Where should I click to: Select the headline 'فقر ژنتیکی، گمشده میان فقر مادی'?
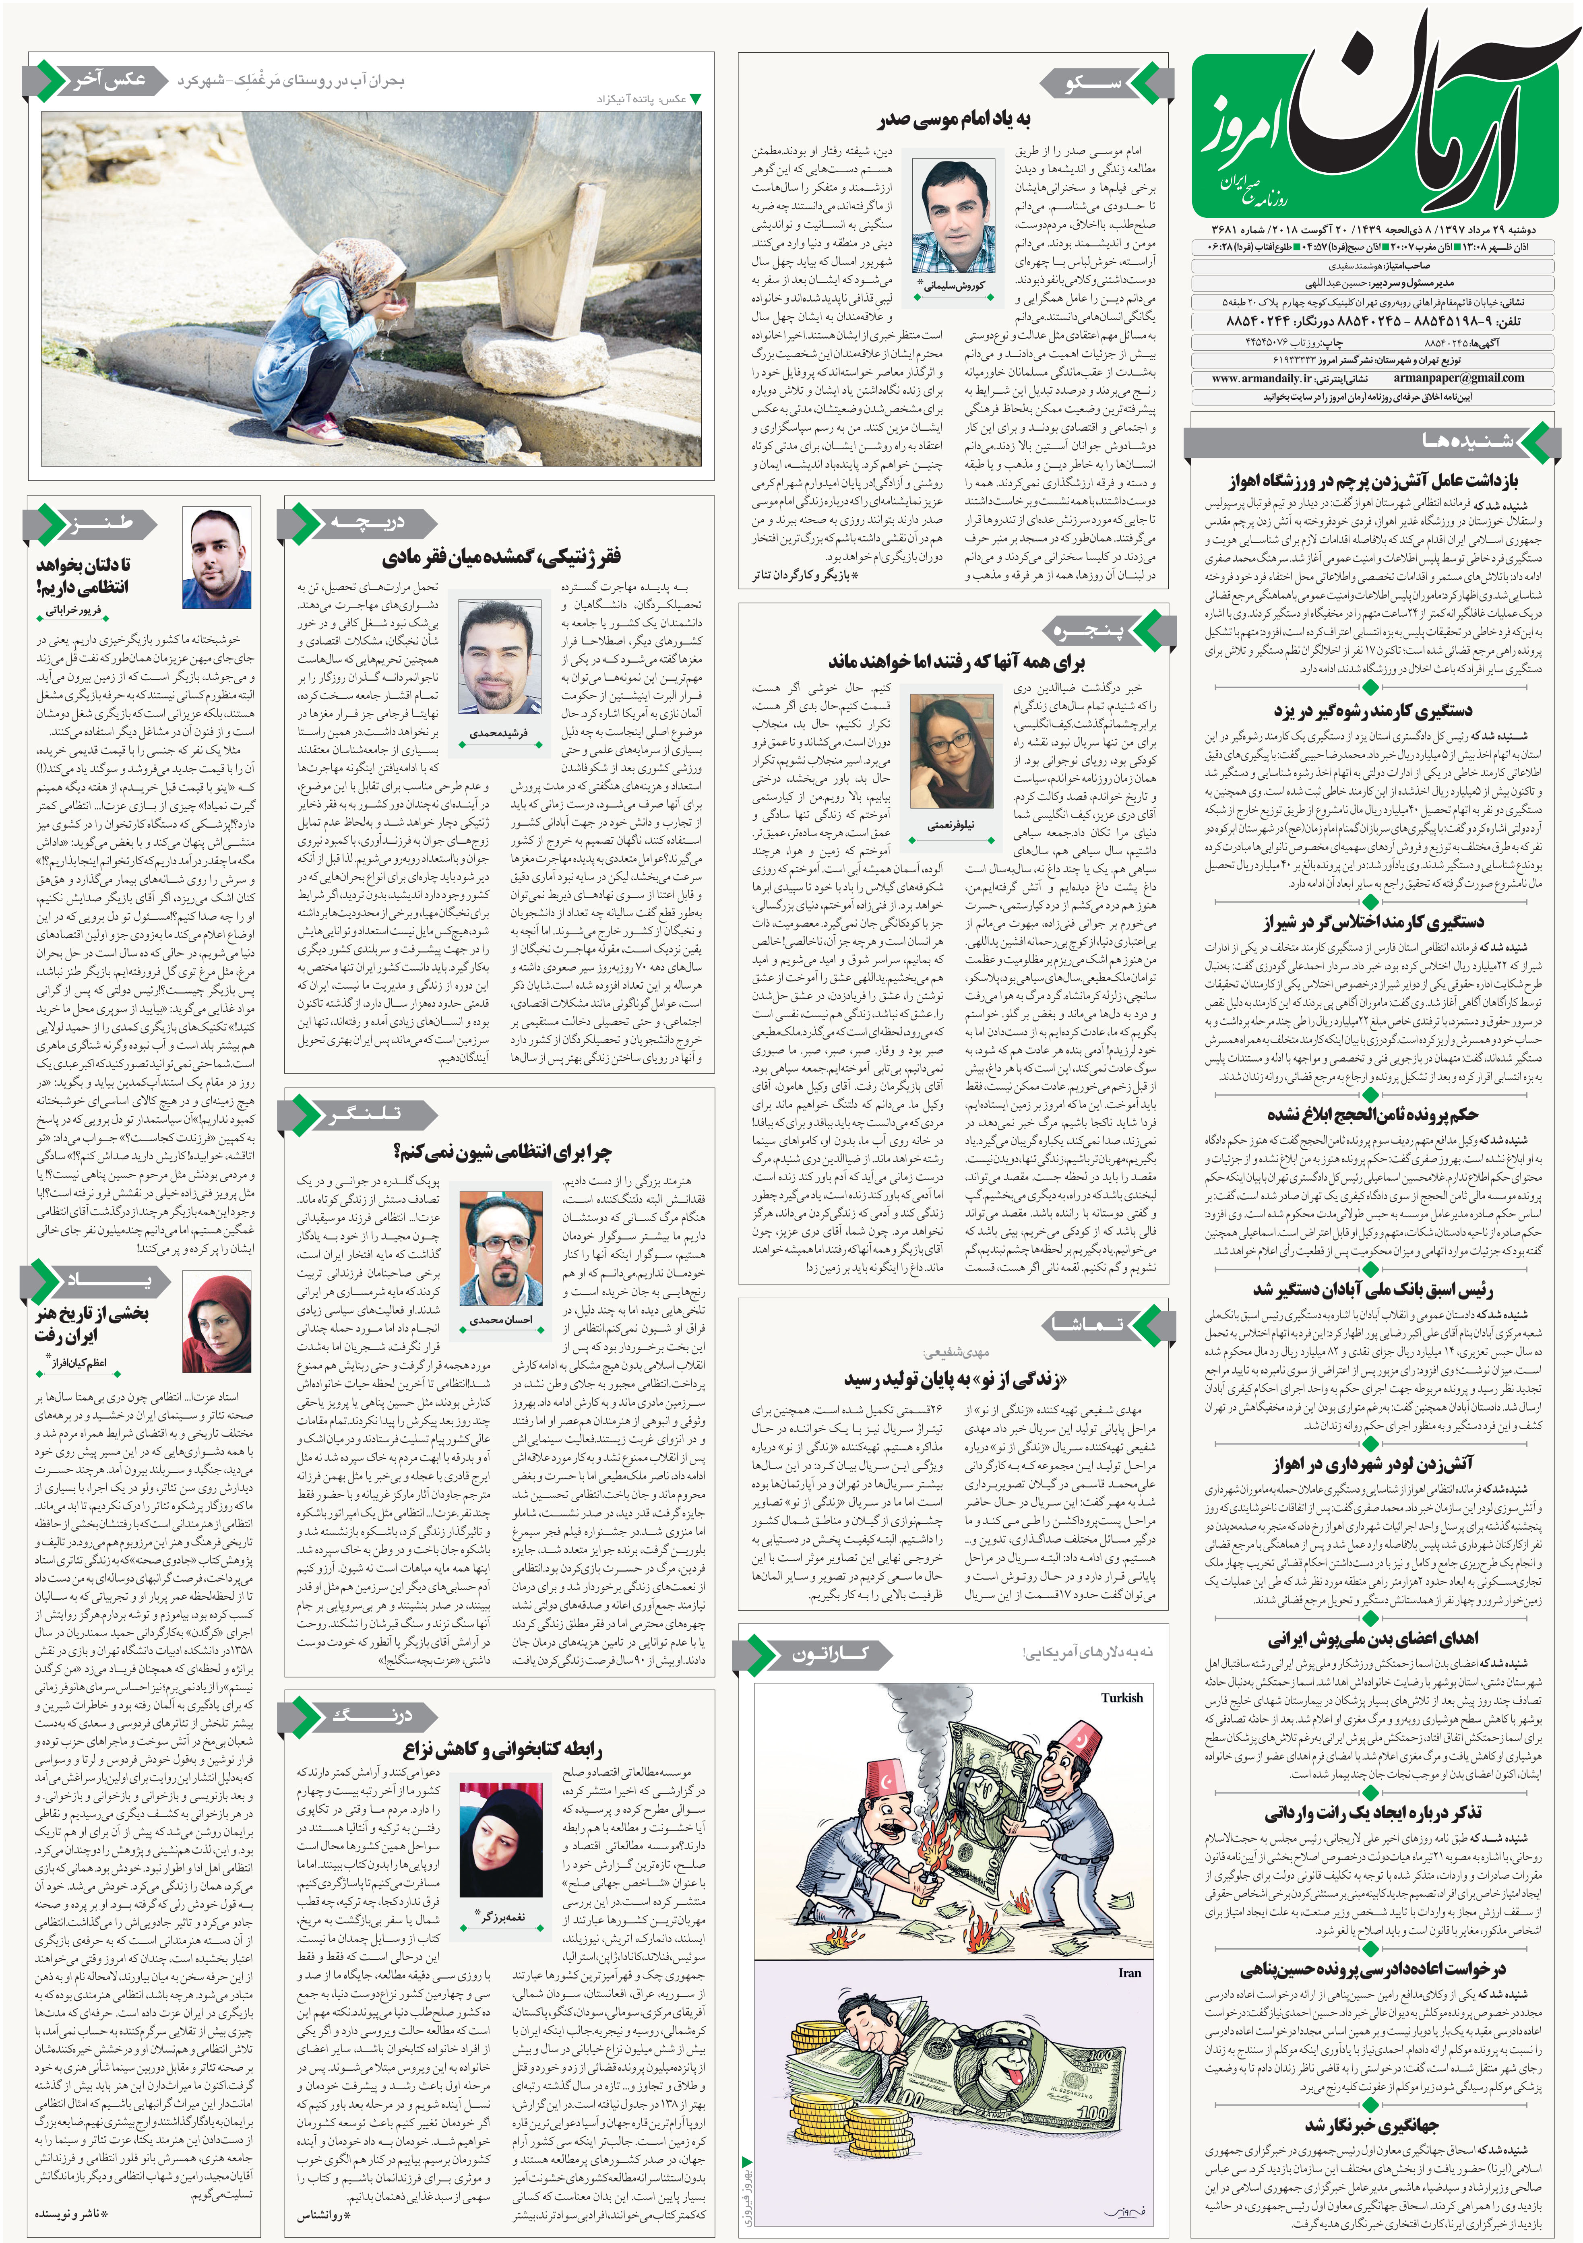coord(500,558)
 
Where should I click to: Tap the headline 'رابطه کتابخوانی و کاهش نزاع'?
coord(502,1748)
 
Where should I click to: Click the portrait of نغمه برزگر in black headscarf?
coord(500,1855)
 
